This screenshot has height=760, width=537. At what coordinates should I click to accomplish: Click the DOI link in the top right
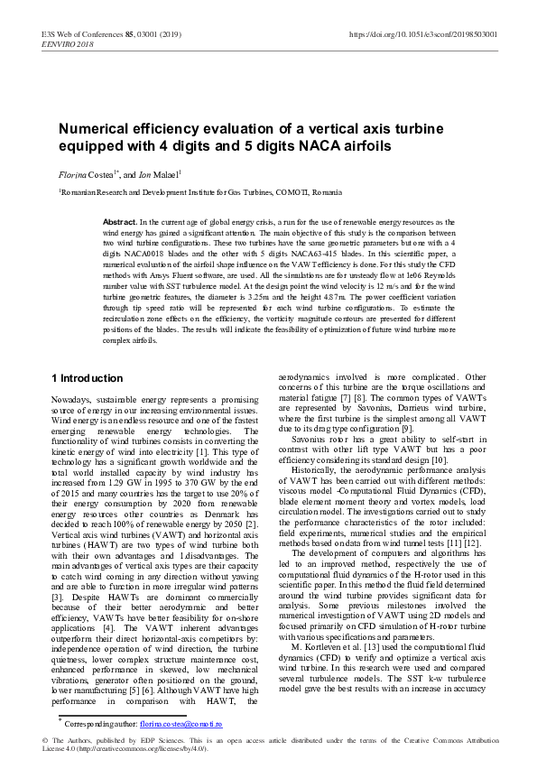(421, 34)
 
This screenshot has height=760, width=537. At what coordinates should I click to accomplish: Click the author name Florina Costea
(87, 172)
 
